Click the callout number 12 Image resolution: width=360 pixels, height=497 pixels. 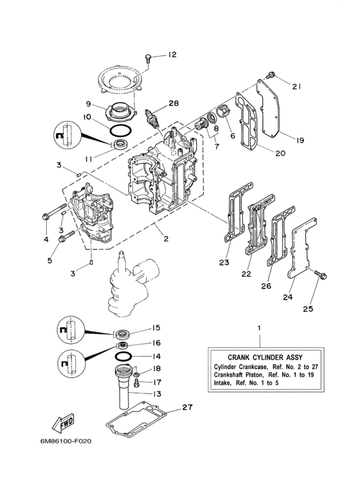coord(172,55)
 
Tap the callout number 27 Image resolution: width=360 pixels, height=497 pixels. coord(187,406)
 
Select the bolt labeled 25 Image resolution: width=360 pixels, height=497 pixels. coord(319,275)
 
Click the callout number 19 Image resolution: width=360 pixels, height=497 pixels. coord(300,139)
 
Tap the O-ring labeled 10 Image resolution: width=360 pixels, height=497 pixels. coord(118,130)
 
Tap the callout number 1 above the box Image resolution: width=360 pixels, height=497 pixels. coord(259,327)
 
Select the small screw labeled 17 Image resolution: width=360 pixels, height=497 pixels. coord(136,382)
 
